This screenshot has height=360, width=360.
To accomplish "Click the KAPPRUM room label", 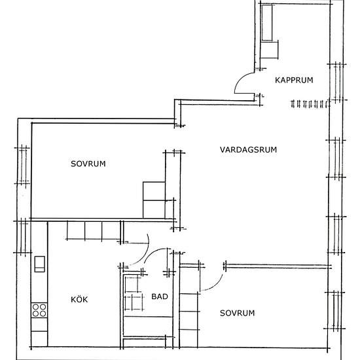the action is point(294,80).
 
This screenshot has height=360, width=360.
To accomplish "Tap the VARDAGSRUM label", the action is point(248,150).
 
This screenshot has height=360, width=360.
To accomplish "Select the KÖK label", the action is point(79,299).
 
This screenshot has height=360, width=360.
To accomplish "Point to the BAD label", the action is point(160,297).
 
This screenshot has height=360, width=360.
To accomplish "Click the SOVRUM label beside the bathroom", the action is point(237,313).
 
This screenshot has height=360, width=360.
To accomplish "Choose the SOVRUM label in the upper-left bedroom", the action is point(88,164).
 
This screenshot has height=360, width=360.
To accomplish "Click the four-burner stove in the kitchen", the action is point(39,310).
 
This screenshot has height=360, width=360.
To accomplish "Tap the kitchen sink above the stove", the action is point(39,264).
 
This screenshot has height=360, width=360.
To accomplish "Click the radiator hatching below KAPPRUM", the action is point(310,104).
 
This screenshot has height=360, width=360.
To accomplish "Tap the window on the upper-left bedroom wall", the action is point(22,166).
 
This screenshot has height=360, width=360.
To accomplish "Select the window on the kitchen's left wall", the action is point(22,237).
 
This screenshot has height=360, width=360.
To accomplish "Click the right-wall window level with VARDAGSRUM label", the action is point(336,158).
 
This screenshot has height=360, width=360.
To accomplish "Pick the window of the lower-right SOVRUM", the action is point(335,310).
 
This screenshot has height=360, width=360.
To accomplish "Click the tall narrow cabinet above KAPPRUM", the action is point(267,22).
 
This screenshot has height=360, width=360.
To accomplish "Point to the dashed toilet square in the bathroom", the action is point(134,303).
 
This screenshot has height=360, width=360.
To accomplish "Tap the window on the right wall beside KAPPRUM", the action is point(337,82).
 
